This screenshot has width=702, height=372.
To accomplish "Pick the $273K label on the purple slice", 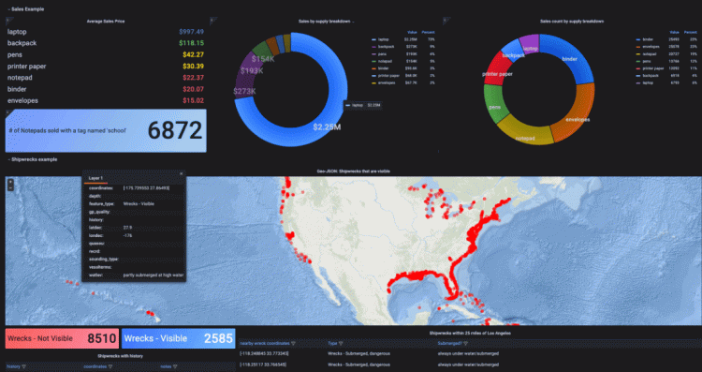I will coord(243,92).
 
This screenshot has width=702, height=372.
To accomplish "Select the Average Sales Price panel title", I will coord(107,20).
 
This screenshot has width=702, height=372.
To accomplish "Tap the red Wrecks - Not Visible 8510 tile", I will coord(61,337).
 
